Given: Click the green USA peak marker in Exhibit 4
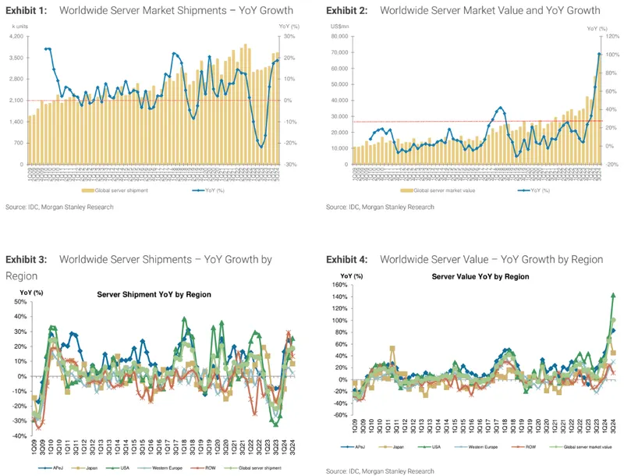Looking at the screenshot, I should [613, 295].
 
